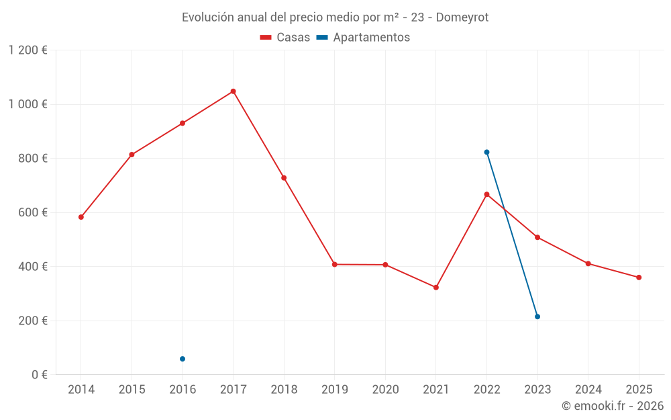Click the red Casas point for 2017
click(233, 91)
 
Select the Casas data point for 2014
click(81, 217)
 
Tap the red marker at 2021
click(436, 288)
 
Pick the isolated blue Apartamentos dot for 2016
click(183, 359)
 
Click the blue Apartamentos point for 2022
click(486, 152)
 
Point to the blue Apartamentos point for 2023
click(537, 317)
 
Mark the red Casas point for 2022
click(486, 194)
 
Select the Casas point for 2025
click(639, 278)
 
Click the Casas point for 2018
click(284, 178)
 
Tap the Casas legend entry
click(285, 38)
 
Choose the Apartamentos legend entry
click(363, 38)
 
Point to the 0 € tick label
click(38, 374)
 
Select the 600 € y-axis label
click(32, 212)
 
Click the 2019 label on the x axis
click(335, 390)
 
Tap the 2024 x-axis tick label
click(588, 390)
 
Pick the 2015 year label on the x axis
click(132, 390)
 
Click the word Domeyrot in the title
click(462, 17)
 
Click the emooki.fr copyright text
click(613, 406)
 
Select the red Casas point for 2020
click(385, 265)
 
